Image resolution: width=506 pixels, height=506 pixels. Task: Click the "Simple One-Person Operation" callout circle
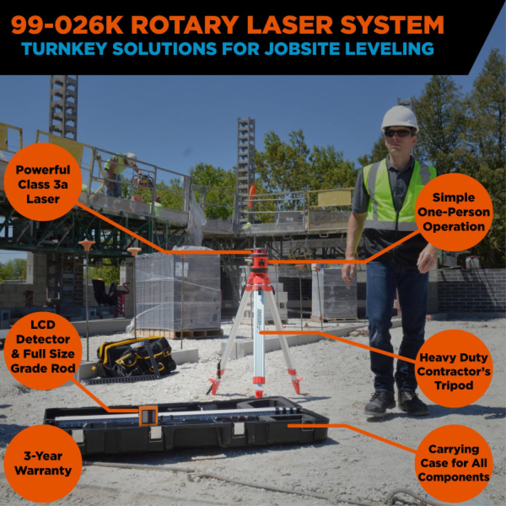453,212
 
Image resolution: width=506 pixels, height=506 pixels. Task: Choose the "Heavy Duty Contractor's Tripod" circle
454,372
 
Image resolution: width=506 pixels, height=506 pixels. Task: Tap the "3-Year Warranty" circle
43,463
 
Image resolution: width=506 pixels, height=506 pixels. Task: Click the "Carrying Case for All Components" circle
454,463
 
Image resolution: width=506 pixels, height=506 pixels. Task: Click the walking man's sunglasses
397,133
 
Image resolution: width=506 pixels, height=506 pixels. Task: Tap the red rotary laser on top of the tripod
259,260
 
